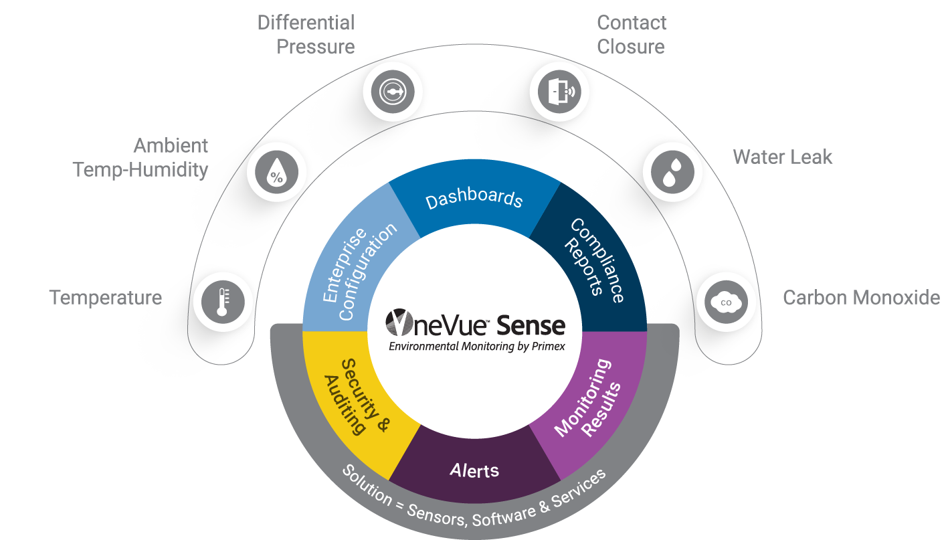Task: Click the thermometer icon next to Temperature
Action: coord(222,302)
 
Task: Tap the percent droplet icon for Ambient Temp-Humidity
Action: coord(276,173)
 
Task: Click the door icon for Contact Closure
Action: coord(559,92)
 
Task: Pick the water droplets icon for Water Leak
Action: coord(672,172)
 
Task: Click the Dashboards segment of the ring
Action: coord(474,199)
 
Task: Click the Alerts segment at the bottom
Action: coord(474,470)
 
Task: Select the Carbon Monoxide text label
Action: coord(861,298)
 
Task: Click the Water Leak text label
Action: coord(782,157)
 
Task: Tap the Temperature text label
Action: coord(106,298)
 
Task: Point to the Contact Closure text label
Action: coord(631,35)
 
